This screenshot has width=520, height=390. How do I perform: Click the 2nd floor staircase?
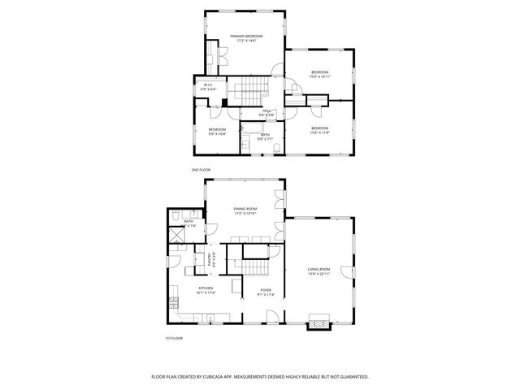pos(248,90)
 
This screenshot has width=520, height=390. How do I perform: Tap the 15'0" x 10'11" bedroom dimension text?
pos(319,78)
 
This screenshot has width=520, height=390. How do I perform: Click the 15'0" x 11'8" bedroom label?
pos(319,128)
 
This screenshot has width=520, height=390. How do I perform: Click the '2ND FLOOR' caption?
pos(201,170)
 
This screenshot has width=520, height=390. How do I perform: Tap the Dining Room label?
pos(245,210)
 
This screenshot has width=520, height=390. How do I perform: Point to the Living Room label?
pos(318,270)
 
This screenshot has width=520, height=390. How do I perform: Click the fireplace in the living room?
pos(318,322)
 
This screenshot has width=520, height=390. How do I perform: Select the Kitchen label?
pos(206,290)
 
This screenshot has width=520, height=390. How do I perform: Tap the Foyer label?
pos(266,291)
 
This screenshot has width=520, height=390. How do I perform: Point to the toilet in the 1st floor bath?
pos(176,215)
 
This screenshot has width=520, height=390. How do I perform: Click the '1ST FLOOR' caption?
pos(173,337)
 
